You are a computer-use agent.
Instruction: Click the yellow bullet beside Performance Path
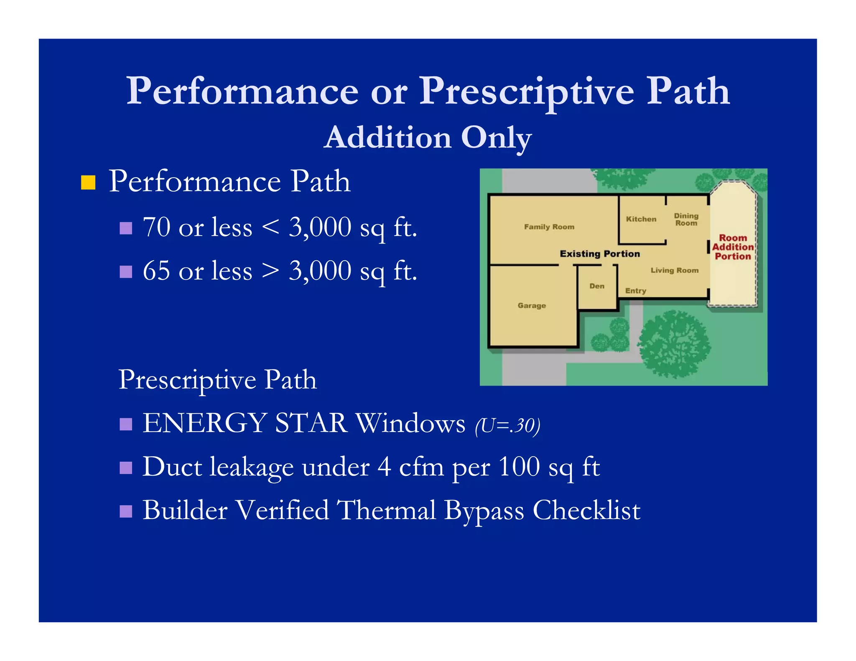point(88,182)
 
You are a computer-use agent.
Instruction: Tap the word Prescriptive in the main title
point(527,92)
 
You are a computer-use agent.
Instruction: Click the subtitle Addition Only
point(428,137)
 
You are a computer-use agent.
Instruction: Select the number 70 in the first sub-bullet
point(156,227)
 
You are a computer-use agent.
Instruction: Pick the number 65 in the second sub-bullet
point(156,271)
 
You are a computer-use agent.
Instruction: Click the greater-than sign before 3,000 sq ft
point(270,271)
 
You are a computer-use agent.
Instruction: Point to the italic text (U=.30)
point(507,426)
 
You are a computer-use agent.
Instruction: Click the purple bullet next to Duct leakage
point(126,468)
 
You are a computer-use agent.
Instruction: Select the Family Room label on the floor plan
point(549,227)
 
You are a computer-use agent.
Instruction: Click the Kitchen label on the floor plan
point(641,219)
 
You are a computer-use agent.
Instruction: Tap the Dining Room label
point(686,219)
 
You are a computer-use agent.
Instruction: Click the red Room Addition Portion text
point(733,247)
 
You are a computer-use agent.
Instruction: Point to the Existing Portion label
point(599,254)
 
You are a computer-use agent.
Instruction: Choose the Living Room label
point(674,270)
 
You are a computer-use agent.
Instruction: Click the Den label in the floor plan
point(597,286)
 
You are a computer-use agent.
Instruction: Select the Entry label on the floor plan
point(635,291)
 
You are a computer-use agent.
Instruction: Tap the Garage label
point(532,305)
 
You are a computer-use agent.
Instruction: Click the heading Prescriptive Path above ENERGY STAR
point(217,380)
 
